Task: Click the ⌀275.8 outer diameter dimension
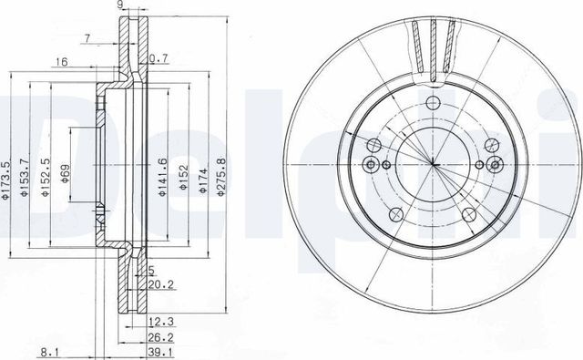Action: pyautogui.click(x=220, y=177)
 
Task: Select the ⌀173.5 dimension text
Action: pyautogui.click(x=5, y=180)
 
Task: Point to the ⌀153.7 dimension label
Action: pyautogui.click(x=25, y=178)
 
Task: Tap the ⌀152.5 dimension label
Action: pyautogui.click(x=45, y=178)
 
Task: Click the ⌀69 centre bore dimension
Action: pyautogui.click(x=65, y=174)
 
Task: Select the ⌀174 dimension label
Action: pyautogui.click(x=202, y=180)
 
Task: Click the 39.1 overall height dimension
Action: pyautogui.click(x=160, y=352)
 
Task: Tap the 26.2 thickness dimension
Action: pyautogui.click(x=160, y=337)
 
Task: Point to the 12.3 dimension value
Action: pyautogui.click(x=160, y=322)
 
